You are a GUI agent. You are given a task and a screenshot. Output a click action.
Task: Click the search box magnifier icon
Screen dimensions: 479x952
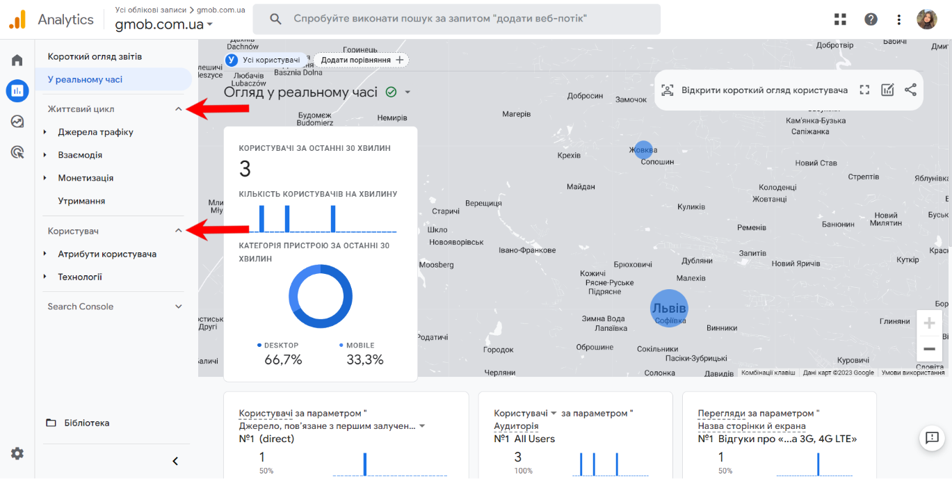275,19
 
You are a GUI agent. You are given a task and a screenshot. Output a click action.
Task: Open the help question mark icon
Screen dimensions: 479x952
871,19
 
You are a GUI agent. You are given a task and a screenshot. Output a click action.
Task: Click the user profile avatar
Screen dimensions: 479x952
927,19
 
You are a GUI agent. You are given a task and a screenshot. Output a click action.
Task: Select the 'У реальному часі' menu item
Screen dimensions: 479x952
85,79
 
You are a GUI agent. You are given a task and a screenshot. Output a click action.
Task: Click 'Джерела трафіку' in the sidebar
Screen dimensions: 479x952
95,132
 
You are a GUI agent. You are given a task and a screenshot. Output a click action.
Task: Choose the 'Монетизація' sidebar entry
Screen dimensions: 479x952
86,178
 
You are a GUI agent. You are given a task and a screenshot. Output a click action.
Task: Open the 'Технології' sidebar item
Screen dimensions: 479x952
80,277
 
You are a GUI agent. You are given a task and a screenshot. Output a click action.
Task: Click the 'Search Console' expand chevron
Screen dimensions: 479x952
178,307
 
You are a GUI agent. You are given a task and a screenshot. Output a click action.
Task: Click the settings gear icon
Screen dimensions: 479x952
17,453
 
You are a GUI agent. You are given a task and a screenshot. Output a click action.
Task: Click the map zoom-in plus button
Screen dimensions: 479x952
929,323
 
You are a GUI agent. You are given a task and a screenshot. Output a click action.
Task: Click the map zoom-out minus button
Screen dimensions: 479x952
929,348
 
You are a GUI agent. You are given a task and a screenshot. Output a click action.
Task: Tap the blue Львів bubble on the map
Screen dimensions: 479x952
668,308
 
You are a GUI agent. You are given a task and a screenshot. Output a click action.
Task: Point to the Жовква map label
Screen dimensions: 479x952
643,149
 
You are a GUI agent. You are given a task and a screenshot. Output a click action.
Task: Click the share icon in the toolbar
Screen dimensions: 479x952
910,90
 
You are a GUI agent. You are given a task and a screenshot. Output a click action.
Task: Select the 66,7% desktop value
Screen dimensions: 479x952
283,359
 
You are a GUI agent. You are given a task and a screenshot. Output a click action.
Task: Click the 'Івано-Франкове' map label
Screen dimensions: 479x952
527,250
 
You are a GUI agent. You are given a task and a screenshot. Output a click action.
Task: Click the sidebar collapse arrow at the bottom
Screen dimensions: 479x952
175,461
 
